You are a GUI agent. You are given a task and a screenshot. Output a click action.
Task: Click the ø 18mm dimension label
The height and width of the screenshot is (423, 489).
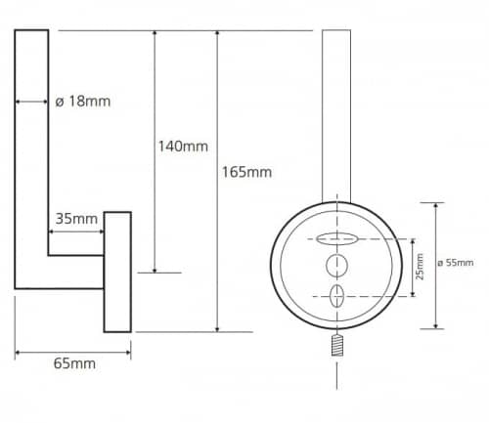(83, 102)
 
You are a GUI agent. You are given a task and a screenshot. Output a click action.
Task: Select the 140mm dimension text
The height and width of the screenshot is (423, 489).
(183, 147)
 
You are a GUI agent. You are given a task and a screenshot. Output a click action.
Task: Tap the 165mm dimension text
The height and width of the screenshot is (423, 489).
(246, 172)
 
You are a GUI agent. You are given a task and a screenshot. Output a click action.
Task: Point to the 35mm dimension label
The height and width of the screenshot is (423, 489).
(76, 219)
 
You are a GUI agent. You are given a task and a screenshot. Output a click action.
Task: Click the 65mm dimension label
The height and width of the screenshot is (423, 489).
(74, 363)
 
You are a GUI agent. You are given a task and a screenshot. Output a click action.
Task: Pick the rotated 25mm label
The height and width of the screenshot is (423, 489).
(420, 267)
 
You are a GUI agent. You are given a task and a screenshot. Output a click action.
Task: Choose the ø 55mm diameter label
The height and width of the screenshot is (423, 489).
(456, 263)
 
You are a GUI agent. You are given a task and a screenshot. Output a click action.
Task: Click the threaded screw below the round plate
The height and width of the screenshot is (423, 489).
(337, 346)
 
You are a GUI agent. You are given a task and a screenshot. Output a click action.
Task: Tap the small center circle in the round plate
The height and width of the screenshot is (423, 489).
(336, 266)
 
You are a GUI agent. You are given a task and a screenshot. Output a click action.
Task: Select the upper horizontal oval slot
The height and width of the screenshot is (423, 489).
(337, 239)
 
